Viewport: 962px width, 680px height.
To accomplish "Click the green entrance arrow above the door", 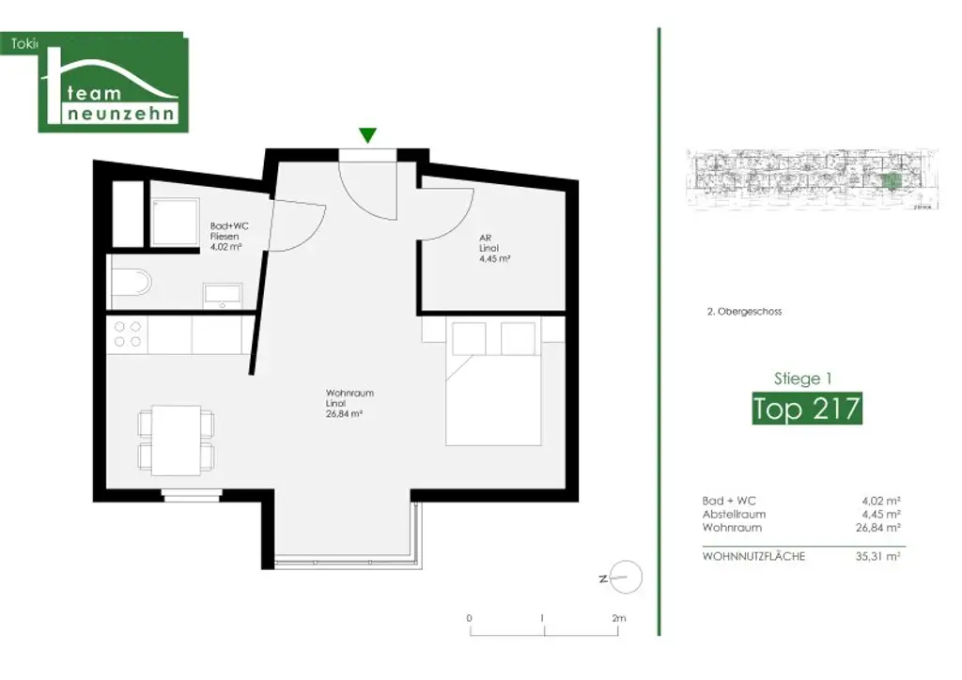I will tap(368, 135).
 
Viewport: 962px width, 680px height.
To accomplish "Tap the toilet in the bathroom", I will tap(132, 284).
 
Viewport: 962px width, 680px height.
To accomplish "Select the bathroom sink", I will tap(223, 294).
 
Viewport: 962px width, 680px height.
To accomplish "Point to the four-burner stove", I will tap(128, 334).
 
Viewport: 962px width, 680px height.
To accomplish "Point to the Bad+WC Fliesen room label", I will tap(228, 238).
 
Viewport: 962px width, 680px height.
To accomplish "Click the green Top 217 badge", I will tap(806, 410).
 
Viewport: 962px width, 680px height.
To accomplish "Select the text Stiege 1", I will tap(802, 379).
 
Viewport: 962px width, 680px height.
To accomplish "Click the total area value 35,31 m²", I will tap(881, 556).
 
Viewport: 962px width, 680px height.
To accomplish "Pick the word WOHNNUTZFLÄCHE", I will tap(753, 556).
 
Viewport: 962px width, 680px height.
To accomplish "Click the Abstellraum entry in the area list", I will tap(734, 515).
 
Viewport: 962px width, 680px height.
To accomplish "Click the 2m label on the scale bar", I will tap(618, 618).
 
